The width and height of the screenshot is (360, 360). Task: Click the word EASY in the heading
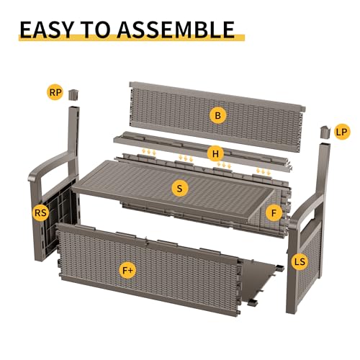(x=46, y=30)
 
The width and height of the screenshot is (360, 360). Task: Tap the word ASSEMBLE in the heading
(x=176, y=30)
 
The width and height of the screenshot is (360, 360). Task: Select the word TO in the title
(x=96, y=30)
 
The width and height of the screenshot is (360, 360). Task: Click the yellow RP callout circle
(x=55, y=92)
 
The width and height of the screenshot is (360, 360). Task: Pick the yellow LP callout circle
(x=341, y=132)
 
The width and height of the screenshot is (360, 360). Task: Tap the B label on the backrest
(x=217, y=115)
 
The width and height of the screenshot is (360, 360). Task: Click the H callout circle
(x=215, y=153)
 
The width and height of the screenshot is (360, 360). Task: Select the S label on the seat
(x=180, y=189)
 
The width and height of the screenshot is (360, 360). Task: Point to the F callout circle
(x=274, y=212)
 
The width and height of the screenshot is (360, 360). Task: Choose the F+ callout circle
(x=127, y=271)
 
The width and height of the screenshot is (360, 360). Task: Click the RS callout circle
(x=41, y=212)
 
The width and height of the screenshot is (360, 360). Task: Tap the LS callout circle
(x=300, y=261)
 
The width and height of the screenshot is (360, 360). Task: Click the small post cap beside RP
(x=73, y=94)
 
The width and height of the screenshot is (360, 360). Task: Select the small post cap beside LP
(x=325, y=132)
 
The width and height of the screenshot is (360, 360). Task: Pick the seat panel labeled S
(x=173, y=189)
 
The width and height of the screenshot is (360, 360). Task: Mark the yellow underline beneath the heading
(x=132, y=38)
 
